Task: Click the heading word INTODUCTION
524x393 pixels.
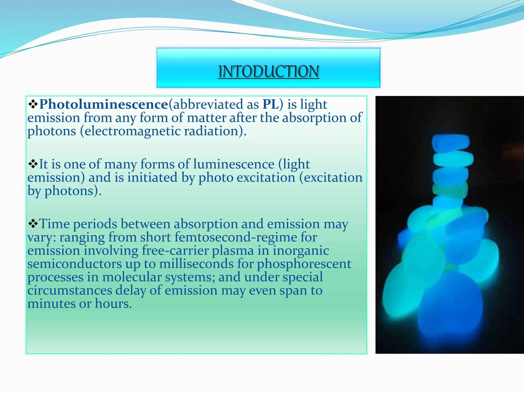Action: [268, 71]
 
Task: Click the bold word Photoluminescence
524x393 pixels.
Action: [103, 104]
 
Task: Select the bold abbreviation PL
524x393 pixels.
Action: [271, 104]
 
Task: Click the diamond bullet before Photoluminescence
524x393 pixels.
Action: [33, 104]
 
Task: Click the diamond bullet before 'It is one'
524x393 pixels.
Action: [33, 164]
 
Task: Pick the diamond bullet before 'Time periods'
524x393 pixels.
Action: [33, 224]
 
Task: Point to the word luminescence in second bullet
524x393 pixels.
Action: [234, 164]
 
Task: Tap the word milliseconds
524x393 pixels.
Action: [196, 264]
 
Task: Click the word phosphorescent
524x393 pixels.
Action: [304, 264]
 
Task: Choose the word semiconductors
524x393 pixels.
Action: [74, 264]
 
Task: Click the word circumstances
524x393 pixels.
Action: [70, 290]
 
